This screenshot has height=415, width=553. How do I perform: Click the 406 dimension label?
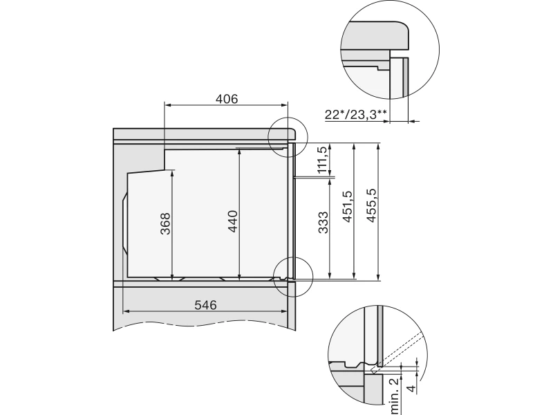pyautogui.click(x=227, y=99)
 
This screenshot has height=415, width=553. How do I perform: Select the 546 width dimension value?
pyautogui.click(x=205, y=305)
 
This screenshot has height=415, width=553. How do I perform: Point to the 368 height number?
pyautogui.click(x=165, y=223)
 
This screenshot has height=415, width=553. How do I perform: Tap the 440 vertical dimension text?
pyautogui.click(x=233, y=221)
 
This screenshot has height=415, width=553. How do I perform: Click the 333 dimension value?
pyautogui.click(x=323, y=222)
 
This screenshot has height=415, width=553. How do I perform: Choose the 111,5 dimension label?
pyautogui.click(x=322, y=160)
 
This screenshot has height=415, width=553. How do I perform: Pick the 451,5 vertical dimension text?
pyautogui.click(x=347, y=206)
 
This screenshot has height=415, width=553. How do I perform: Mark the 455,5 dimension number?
pyautogui.click(x=371, y=206)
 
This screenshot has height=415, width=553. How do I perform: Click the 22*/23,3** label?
pyautogui.click(x=356, y=114)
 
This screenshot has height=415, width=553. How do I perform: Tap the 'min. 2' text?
pyautogui.click(x=394, y=395)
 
